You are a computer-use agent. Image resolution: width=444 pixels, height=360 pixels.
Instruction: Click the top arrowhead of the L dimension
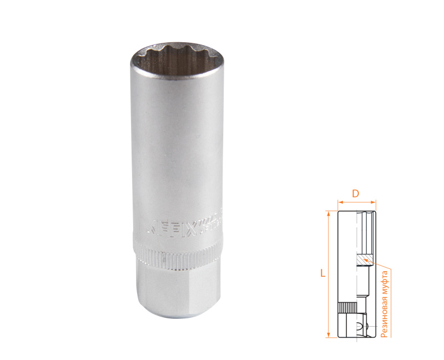330,214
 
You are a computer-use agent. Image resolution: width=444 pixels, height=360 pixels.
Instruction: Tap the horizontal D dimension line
357,202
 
